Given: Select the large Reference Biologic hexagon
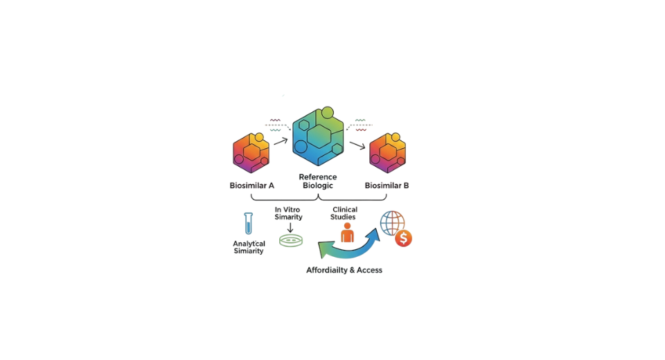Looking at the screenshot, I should (x=317, y=137).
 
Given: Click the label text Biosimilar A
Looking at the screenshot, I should (x=252, y=186).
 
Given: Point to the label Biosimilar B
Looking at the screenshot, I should (x=387, y=186).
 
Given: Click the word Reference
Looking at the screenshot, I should (x=318, y=177).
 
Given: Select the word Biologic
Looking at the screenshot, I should (x=318, y=186).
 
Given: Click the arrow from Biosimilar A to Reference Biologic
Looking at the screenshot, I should (x=281, y=141).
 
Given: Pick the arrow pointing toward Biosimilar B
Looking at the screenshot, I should (x=357, y=145).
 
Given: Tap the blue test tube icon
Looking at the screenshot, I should (x=248, y=223).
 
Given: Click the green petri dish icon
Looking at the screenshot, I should (x=291, y=241).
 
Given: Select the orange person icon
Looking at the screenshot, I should (x=347, y=233).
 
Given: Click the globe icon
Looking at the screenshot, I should (x=393, y=223).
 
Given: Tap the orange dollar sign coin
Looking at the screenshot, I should (x=403, y=239).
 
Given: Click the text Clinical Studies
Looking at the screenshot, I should (x=344, y=213).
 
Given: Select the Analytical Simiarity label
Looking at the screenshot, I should (x=249, y=247).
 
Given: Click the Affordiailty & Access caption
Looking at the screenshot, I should (x=344, y=270).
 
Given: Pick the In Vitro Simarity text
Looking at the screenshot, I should (x=289, y=213).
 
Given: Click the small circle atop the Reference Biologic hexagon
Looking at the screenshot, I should (x=328, y=112).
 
